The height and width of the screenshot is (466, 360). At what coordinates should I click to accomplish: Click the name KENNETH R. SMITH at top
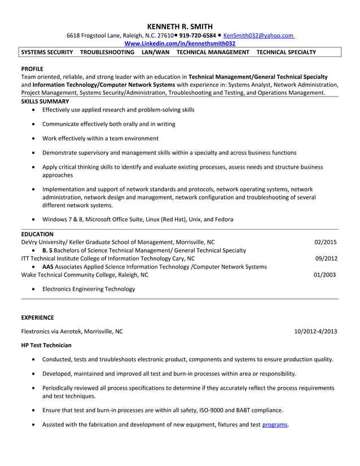(x=179, y=26)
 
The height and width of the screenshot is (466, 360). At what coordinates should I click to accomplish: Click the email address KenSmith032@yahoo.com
(x=258, y=35)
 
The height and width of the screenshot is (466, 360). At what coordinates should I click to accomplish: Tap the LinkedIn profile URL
(x=179, y=43)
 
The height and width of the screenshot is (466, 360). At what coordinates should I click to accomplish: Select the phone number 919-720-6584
(x=197, y=35)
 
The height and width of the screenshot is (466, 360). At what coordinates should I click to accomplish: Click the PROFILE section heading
(x=32, y=67)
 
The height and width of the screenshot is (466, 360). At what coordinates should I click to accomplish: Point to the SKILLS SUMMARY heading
(x=45, y=101)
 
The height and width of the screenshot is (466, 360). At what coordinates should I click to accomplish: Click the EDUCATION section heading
(x=37, y=234)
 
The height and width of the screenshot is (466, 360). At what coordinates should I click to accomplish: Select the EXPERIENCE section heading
(x=37, y=318)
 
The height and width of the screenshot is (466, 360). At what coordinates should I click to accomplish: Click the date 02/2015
(x=326, y=242)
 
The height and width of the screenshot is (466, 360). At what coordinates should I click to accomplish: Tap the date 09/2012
(x=326, y=258)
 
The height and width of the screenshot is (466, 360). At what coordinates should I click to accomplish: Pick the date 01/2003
(x=326, y=275)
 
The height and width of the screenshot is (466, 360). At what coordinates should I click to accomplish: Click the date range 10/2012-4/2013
(x=315, y=331)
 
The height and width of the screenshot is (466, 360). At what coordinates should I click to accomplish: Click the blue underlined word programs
(x=275, y=424)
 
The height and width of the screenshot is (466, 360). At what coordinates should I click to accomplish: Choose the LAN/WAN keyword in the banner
(x=155, y=52)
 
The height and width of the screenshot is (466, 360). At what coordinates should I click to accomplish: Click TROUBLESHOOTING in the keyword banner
(x=107, y=52)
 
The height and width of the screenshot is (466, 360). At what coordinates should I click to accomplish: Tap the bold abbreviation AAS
(x=48, y=266)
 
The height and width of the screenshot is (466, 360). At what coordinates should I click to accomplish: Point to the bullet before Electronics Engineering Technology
(x=36, y=289)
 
